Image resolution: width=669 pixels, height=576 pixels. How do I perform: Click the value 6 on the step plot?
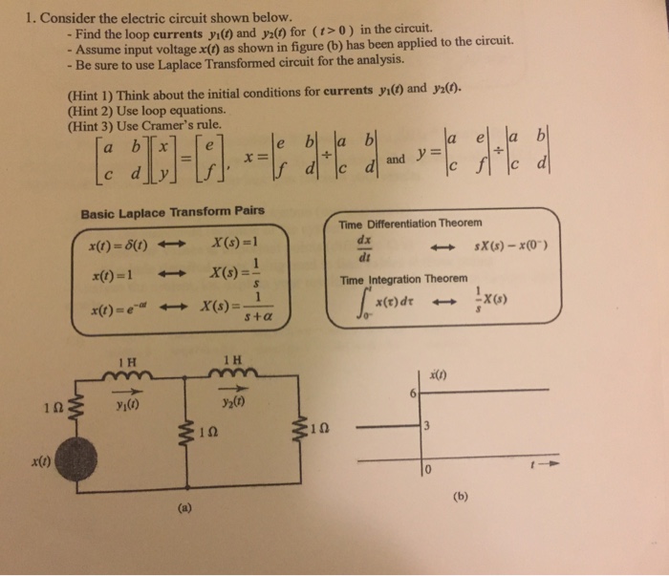(x=413, y=392)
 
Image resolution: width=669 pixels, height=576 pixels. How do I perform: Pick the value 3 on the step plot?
(x=432, y=427)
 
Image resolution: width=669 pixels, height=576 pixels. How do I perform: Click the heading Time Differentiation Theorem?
(x=411, y=223)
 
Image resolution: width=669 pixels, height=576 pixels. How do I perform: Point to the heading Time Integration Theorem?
(x=404, y=280)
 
